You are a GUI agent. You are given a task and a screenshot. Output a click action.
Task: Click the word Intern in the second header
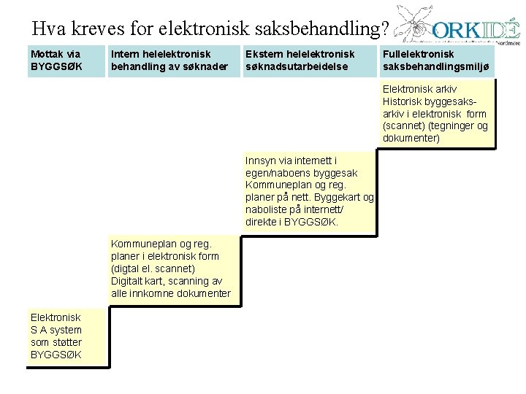(x=125, y=53)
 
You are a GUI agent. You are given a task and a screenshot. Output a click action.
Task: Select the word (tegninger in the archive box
(x=449, y=125)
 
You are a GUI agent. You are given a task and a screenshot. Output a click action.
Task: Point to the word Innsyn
(x=261, y=160)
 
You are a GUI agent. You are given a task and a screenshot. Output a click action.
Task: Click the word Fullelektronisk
(x=419, y=53)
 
